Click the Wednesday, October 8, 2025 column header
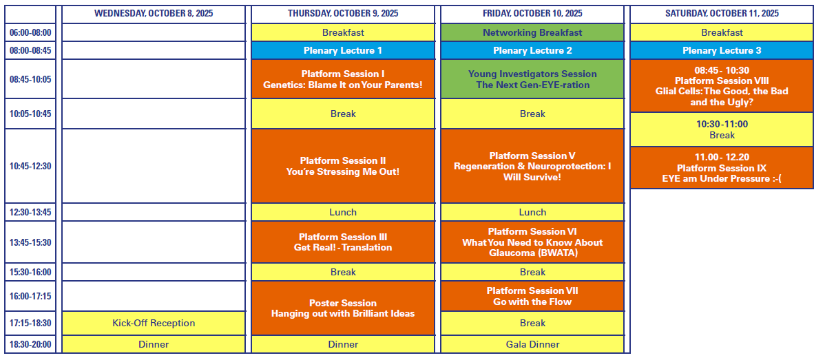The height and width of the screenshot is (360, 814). tap(154, 14)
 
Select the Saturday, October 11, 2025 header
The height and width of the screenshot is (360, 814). tap(722, 14)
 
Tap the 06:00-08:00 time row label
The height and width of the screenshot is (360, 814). tap(30, 32)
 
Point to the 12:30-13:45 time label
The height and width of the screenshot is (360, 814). tap(30, 212)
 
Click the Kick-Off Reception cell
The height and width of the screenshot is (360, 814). tap(154, 323)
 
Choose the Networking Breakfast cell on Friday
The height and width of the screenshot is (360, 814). tap(532, 32)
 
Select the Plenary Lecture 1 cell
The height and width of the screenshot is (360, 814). tap(343, 50)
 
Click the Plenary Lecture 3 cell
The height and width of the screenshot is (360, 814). tap(722, 50)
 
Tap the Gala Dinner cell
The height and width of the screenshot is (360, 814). tap(532, 344)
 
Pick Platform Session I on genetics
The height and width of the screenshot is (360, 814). tap(343, 79)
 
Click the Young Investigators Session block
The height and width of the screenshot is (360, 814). tap(532, 79)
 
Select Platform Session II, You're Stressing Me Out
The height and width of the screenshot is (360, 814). tap(343, 166)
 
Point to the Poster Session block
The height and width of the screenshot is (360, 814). tap(343, 308)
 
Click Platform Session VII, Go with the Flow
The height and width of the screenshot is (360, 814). tap(532, 296)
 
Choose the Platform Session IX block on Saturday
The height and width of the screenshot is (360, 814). tap(722, 167)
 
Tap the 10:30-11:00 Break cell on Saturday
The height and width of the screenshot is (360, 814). tap(722, 129)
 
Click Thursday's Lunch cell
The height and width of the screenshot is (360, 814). tap(343, 212)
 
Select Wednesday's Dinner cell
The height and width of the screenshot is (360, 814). tap(154, 344)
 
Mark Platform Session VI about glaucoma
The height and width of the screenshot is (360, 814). tap(532, 242)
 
